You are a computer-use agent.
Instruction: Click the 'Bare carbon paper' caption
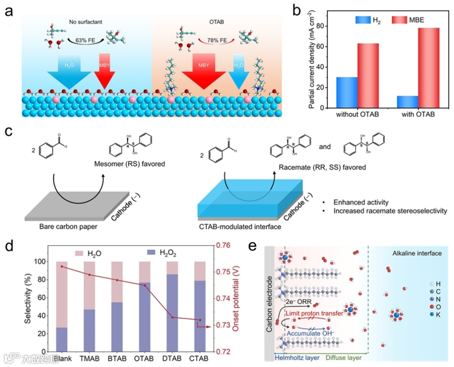point(62,227)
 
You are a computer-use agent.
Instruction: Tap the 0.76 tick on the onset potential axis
point(228,246)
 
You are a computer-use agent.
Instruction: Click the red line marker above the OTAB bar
point(145,285)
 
